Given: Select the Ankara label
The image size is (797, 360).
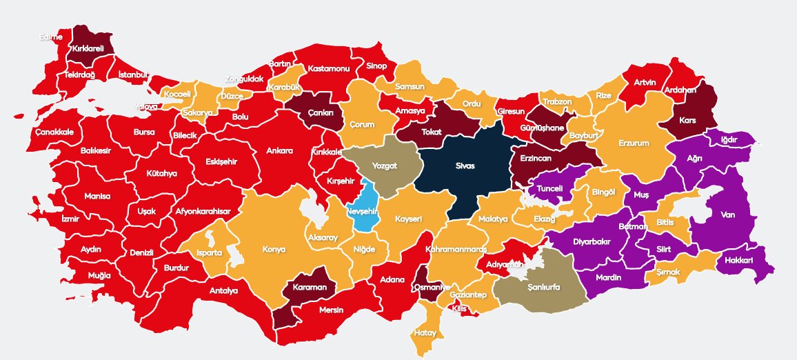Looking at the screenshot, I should tap(280, 150).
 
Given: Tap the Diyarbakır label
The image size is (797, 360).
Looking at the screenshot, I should tap(592, 242).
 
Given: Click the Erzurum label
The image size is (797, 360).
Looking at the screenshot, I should tap(634, 143).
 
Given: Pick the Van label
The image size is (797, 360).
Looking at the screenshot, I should tap(728, 214).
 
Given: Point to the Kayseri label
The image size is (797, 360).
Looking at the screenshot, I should tap(408, 219).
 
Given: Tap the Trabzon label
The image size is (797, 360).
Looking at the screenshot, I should tap(557, 101).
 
